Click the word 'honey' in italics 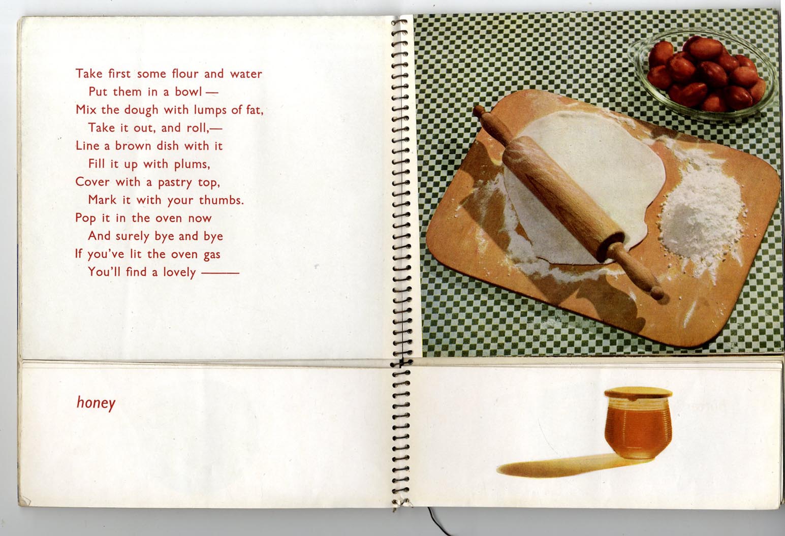96,403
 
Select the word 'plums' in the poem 192,164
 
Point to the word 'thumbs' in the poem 221,200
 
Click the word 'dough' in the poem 141,110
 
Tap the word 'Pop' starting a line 85,218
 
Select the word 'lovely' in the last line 179,272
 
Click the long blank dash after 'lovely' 221,272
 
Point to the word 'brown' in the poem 133,146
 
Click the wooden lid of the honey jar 638,393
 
